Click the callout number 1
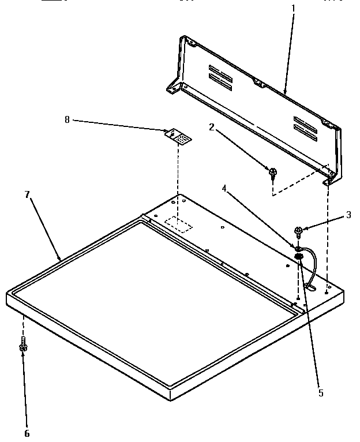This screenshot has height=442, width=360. [x=292, y=9]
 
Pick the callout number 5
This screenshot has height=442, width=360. [x=320, y=393]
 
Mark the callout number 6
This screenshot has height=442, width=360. [x=27, y=433]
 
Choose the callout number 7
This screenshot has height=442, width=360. [x=27, y=194]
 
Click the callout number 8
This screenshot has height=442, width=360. [x=67, y=120]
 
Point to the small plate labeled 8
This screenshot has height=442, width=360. [x=178, y=136]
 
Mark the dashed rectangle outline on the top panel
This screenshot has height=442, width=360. [x=178, y=223]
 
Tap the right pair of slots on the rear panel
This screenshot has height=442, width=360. [x=305, y=128]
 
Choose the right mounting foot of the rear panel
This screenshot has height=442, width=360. [x=328, y=180]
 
